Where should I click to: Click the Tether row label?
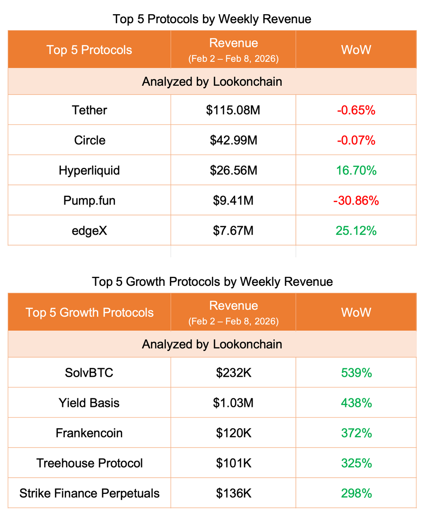point(89,110)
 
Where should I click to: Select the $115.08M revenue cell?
point(233,110)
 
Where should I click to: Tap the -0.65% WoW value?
point(356,110)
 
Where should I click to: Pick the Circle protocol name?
point(89,140)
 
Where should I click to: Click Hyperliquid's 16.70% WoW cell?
point(356,170)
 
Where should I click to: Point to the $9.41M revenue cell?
point(233,200)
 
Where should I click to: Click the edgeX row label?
point(89,230)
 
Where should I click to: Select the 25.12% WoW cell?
point(356,230)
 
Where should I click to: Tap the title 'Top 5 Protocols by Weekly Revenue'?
point(212,19)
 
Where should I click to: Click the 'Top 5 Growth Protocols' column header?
point(89,312)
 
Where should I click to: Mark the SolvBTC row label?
point(89,373)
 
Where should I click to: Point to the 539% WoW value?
point(356,373)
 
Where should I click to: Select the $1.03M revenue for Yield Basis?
point(233,403)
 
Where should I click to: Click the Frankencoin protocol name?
point(89,433)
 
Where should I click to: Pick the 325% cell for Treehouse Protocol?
point(356,463)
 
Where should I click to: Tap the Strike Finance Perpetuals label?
point(89,493)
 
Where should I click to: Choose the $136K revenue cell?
point(233,493)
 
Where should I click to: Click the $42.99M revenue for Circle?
point(233,140)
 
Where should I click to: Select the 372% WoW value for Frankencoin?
point(356,433)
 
